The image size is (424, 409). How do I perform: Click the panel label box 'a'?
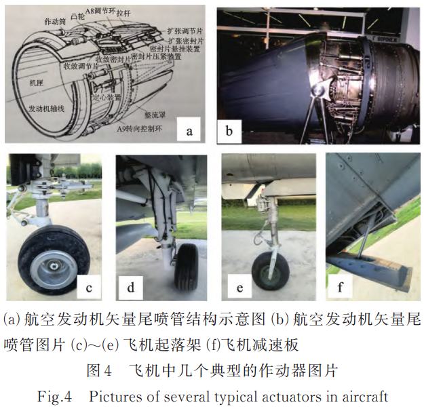pyautogui.click(x=189, y=129)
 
